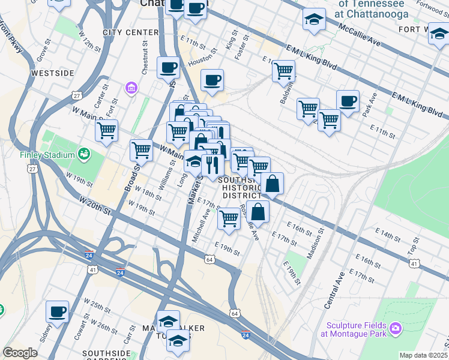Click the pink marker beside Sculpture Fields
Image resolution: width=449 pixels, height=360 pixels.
coord(395,328)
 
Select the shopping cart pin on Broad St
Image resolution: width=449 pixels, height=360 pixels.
coord(141,149)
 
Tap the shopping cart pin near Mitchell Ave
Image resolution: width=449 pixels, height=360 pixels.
coord(229,219)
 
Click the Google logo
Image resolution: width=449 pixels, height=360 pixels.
coord(20,353)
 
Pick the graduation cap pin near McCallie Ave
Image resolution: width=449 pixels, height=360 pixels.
coord(314,20)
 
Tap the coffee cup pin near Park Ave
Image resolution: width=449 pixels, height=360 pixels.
coord(348,101)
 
